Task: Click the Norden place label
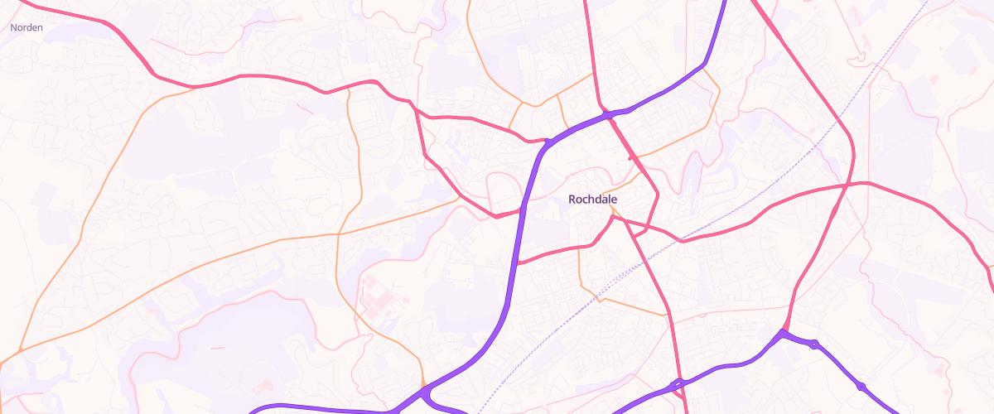[27, 27]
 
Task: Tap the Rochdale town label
[593, 200]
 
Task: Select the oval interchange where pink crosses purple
[678, 383]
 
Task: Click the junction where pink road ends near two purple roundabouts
[782, 333]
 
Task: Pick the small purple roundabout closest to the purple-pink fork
[814, 344]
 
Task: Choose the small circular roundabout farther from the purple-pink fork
[861, 386]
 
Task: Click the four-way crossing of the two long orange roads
[338, 234]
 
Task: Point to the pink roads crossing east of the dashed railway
[844, 185]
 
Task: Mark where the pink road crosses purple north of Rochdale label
[609, 115]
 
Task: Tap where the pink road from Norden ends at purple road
[547, 142]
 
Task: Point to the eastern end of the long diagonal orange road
[460, 199]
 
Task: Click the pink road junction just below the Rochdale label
[613, 217]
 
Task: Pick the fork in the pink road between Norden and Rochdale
[413, 103]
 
